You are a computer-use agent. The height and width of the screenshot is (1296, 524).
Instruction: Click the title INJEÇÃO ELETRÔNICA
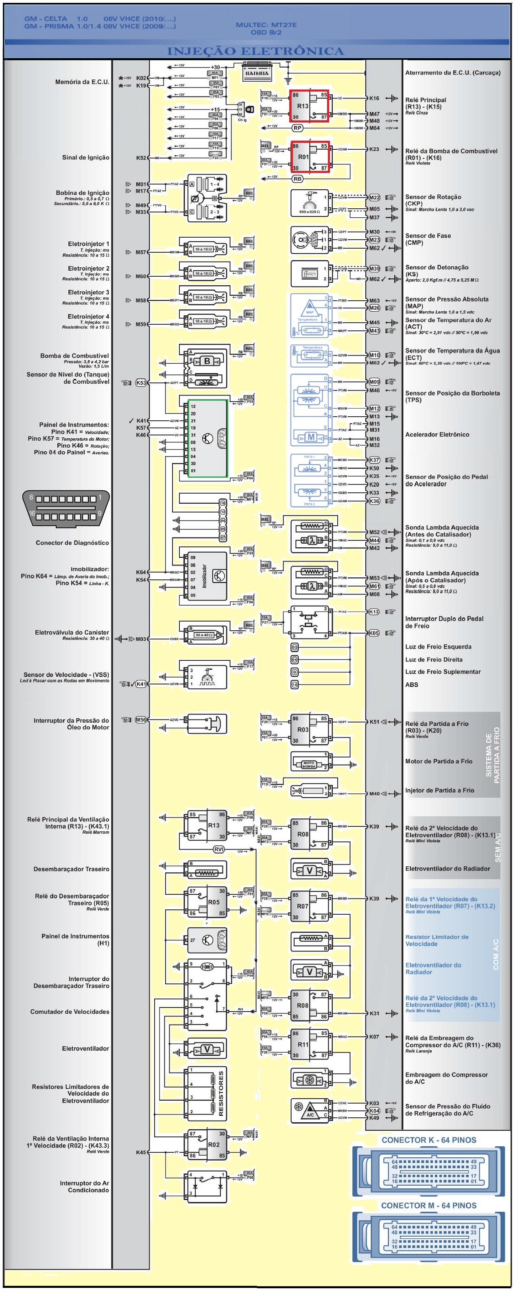255,51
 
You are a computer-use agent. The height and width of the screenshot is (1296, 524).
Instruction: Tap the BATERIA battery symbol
257,73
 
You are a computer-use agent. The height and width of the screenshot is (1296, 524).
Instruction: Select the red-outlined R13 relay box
309,106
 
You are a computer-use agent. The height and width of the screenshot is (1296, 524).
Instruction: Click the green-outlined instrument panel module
207,438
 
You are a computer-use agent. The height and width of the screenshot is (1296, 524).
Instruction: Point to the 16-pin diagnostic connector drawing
65,508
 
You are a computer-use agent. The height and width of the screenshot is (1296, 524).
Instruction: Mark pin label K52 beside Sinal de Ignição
141,158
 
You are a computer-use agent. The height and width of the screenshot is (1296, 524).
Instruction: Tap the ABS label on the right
411,685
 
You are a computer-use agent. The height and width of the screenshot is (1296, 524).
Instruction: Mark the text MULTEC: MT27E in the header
266,25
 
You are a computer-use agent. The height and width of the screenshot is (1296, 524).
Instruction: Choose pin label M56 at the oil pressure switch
141,720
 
